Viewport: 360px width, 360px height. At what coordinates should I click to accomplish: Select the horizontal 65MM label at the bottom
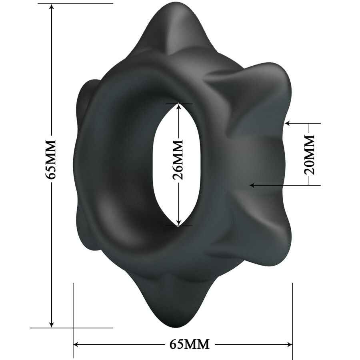(189, 344)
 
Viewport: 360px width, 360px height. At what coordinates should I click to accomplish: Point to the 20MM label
(309, 155)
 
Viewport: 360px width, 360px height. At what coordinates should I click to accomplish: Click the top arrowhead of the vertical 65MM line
(51, 8)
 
